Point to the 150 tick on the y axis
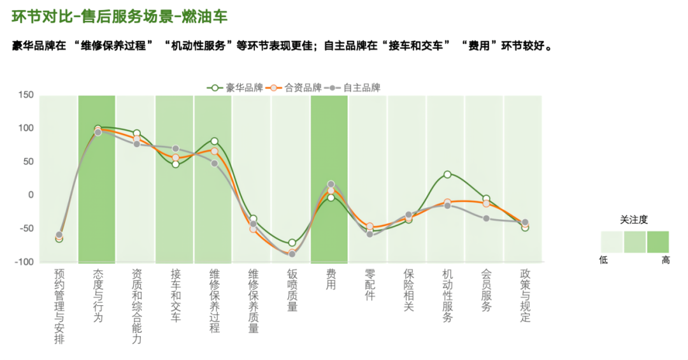[25, 96]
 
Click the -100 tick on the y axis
[24, 262]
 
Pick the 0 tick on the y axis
[30, 195]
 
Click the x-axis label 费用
[331, 279]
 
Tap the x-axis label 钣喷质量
[292, 290]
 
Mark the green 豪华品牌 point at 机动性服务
[447, 174]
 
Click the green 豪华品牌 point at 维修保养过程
[214, 141]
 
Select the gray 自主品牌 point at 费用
[331, 184]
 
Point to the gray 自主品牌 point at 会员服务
[486, 219]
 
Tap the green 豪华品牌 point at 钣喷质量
[292, 243]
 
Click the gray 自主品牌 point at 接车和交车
[175, 148]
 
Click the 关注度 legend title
[634, 219]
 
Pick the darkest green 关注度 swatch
[658, 242]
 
